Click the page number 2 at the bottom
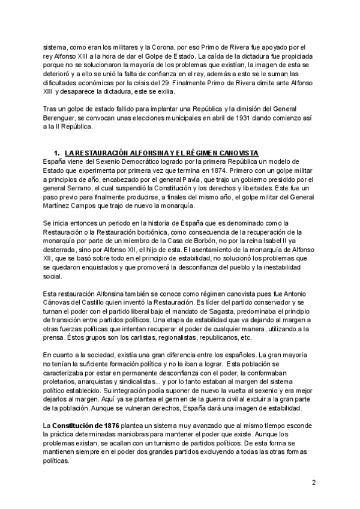(x=313, y=483)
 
